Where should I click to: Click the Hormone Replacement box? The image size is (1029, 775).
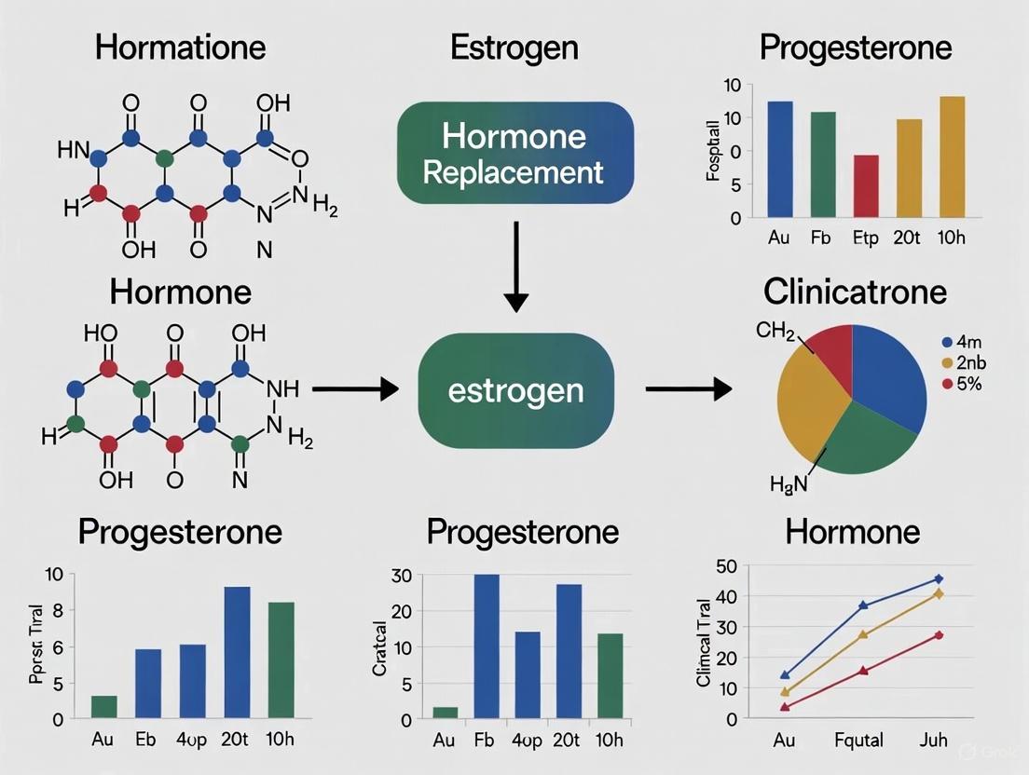(x=514, y=154)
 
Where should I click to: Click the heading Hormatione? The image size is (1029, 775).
(x=180, y=47)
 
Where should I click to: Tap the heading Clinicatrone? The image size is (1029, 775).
(x=854, y=292)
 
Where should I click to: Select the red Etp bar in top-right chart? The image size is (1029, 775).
(x=865, y=186)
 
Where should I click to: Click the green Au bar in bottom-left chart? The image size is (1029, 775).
(x=104, y=707)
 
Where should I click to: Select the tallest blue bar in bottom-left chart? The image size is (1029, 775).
(x=237, y=652)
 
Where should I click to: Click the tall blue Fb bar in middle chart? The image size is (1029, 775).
(x=487, y=646)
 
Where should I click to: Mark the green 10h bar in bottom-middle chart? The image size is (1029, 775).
(x=611, y=676)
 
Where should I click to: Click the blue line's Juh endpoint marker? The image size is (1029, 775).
(x=939, y=578)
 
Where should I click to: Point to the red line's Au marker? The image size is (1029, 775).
(x=785, y=707)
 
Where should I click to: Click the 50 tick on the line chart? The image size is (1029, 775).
(x=727, y=566)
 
